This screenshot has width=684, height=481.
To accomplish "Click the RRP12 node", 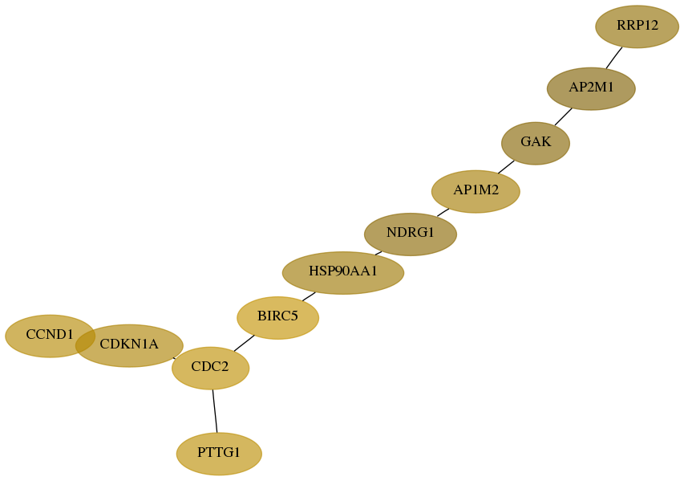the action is [x=637, y=26].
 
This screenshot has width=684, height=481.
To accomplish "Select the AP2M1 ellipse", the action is [x=591, y=88].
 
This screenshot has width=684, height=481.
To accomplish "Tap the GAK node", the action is [x=535, y=143].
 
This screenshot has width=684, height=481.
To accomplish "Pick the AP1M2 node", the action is [x=476, y=191].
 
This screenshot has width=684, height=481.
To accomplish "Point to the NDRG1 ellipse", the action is [x=411, y=234].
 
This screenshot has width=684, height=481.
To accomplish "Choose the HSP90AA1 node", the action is [x=343, y=272].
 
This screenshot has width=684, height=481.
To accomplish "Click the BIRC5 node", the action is [x=278, y=318].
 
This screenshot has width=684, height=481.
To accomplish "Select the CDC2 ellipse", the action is [x=210, y=368].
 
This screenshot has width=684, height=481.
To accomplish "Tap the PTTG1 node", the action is [x=219, y=454].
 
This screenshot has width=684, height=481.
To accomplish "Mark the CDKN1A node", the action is [x=129, y=345].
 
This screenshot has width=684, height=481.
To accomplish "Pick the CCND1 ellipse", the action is [x=51, y=336].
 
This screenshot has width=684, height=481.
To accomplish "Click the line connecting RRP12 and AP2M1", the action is [x=613, y=58].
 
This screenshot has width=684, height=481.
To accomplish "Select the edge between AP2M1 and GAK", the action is [x=563, y=116].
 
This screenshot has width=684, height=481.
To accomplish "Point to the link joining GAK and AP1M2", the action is [x=506, y=167].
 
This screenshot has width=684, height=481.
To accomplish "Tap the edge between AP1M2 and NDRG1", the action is [x=443, y=212].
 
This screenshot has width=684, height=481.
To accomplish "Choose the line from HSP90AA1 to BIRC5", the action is [x=309, y=296].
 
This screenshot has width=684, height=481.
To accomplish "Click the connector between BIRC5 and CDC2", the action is [x=244, y=343].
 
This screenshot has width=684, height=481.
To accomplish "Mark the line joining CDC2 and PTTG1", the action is [x=215, y=410].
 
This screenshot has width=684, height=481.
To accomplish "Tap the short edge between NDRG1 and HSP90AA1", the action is [x=378, y=253].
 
